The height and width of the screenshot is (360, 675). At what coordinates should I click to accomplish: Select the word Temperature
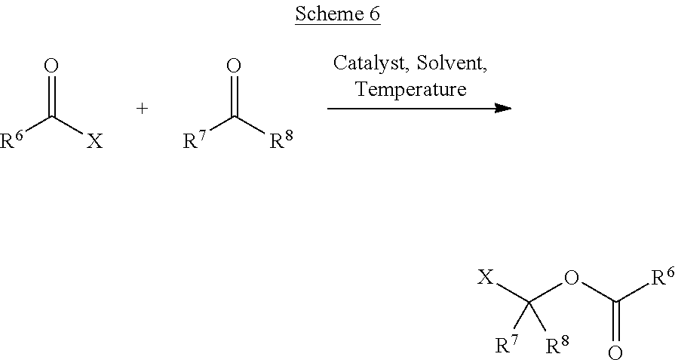click(411, 89)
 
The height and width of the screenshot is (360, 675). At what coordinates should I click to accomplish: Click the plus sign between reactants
click(142, 108)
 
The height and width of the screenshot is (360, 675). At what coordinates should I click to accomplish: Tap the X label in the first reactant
click(94, 140)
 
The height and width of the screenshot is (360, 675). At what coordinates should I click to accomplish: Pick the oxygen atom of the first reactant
click(51, 66)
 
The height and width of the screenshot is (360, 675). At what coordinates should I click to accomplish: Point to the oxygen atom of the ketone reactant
click(234, 66)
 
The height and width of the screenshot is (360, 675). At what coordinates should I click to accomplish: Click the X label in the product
click(486, 278)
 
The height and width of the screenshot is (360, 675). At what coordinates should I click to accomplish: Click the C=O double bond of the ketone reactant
click(234, 96)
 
